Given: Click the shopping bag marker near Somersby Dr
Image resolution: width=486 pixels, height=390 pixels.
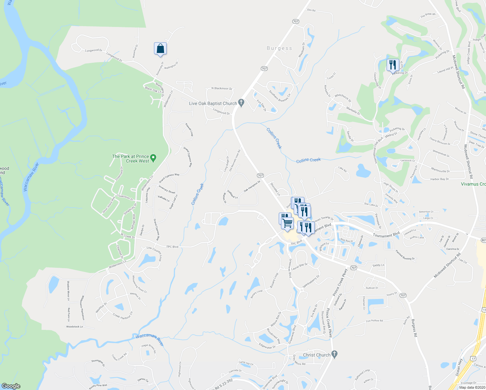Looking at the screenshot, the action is click(160, 49).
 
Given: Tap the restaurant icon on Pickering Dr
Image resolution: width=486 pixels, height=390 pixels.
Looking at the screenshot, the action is click(393, 65).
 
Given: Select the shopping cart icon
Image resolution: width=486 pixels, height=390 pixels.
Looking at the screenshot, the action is click(288, 224).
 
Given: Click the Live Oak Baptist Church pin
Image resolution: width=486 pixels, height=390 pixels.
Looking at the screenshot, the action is click(241, 103).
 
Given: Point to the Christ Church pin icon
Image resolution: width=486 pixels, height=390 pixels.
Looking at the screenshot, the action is click(335, 355).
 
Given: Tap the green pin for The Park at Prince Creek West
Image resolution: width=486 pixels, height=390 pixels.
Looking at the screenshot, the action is click(154, 158).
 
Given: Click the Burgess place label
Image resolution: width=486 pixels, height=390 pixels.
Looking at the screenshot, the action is click(279, 48).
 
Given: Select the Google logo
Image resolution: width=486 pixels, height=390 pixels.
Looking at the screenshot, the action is click(11, 386).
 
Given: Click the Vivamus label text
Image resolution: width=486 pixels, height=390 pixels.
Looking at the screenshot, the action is click(473, 184).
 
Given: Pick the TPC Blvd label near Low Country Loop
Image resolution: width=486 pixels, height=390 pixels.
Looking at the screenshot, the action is click(172, 247).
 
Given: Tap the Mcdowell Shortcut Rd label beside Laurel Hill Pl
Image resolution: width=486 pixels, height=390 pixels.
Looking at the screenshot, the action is click(458, 71).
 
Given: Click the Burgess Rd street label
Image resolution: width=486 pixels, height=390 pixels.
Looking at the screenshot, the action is click(414, 328).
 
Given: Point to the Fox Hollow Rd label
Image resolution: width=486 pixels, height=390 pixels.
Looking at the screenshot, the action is click(375, 321).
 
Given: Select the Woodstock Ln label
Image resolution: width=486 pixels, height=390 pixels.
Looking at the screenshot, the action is click(74, 327).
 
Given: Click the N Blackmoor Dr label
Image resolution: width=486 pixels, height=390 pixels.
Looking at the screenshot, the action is click(222, 88).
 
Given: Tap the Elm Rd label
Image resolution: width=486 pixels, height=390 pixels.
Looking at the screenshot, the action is click(311, 10).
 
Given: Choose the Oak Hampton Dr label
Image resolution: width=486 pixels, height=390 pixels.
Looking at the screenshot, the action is click(252, 186).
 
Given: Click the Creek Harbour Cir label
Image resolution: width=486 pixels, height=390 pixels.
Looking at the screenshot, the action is click(123, 315).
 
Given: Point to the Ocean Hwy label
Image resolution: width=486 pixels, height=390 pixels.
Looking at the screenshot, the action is click(459, 367).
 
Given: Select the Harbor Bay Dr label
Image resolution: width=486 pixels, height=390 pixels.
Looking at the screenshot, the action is click(439, 179).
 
